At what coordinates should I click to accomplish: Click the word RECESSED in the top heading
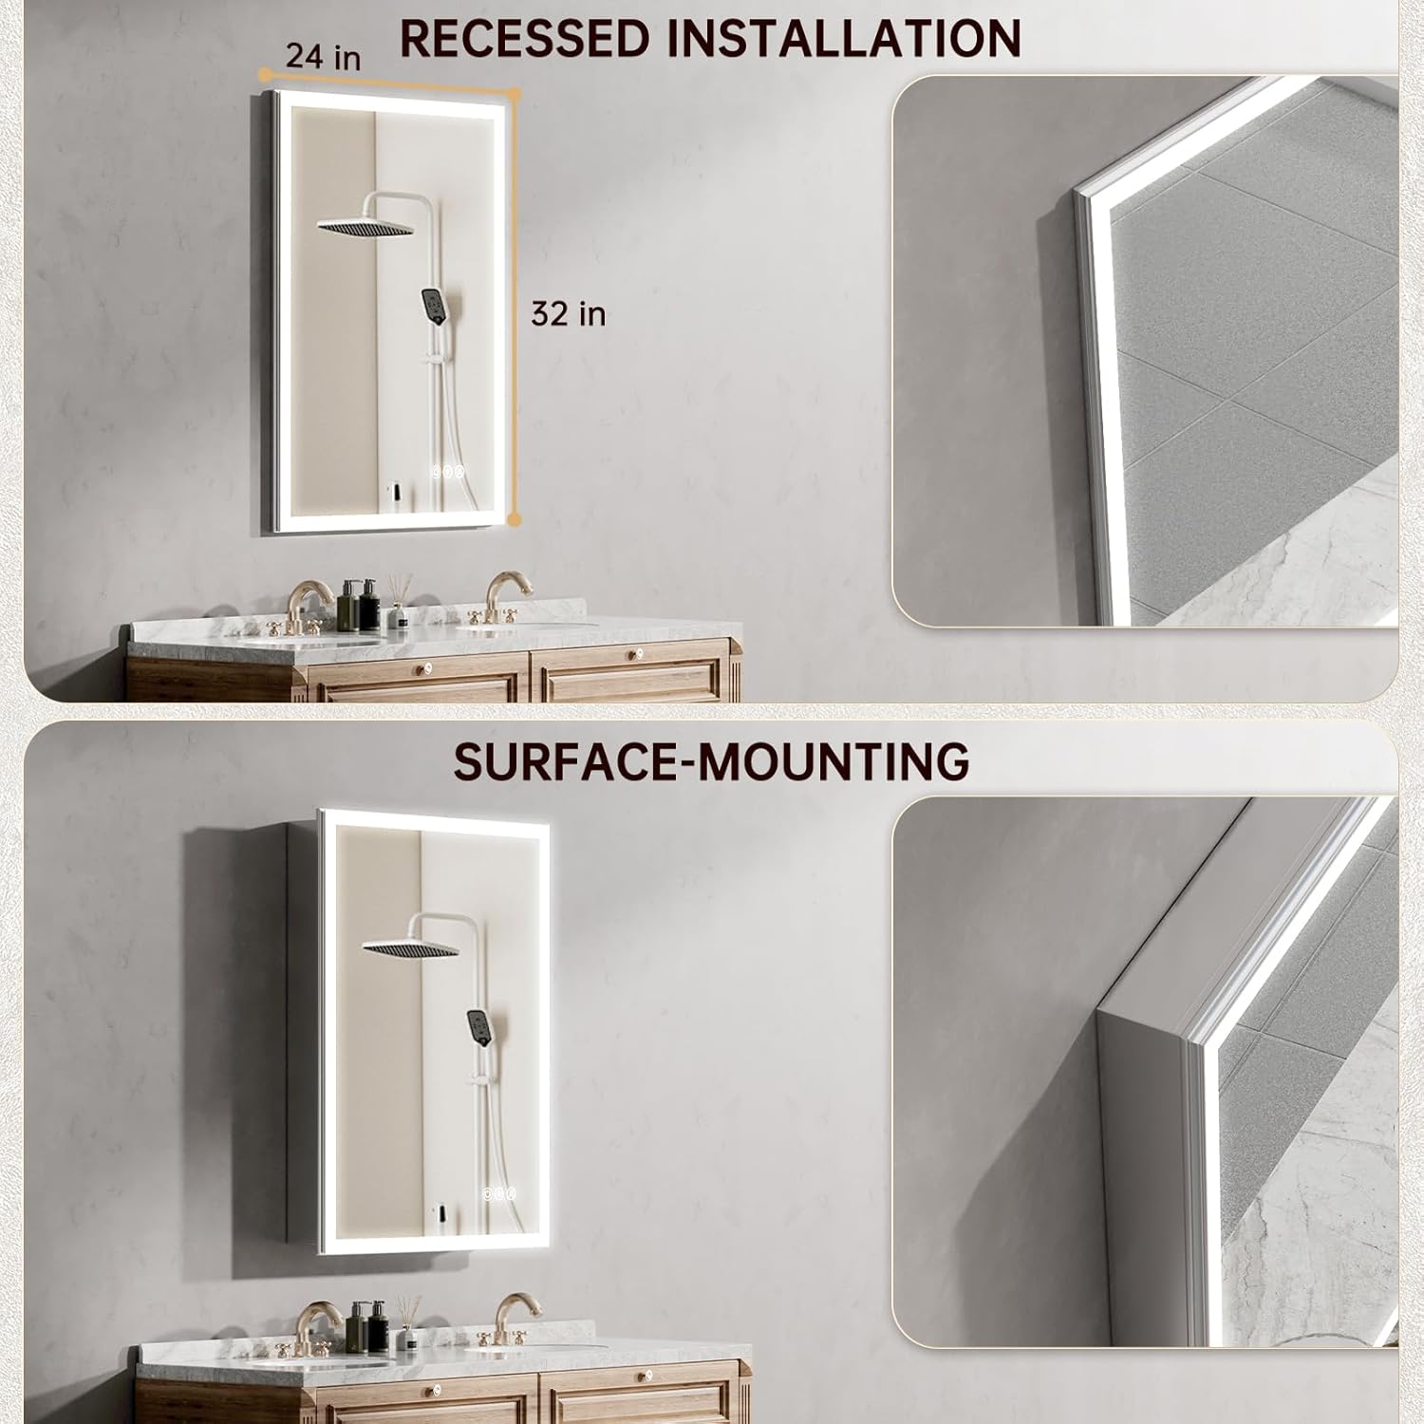tap(525, 38)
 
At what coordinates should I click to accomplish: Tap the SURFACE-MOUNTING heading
tap(711, 761)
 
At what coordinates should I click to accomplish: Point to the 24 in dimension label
tap(323, 56)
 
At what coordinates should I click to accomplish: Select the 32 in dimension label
tap(568, 313)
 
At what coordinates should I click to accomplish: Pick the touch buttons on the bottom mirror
tap(497, 1193)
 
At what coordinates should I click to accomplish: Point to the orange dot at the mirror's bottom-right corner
tap(514, 519)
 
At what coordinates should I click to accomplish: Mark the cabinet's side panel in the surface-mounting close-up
tap(1139, 1177)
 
